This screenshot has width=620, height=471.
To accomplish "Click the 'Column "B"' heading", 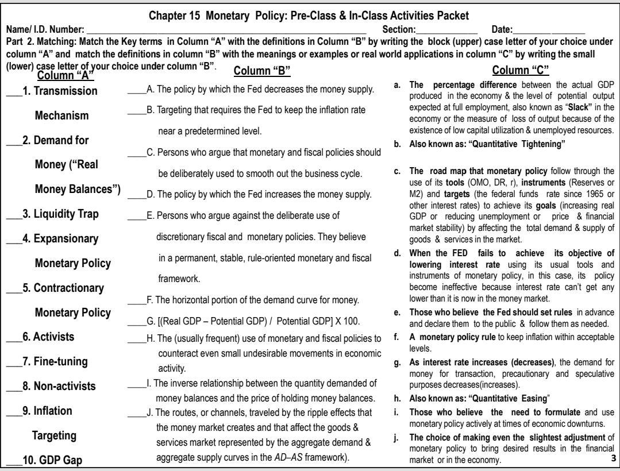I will click(x=262, y=71).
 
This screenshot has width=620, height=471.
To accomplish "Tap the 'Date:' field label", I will click(x=503, y=28).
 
